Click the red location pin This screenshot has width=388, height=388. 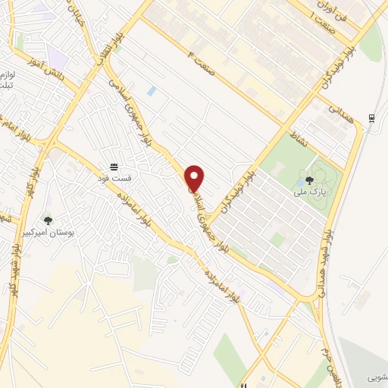click(195, 177)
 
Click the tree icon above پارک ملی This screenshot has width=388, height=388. click(311, 180)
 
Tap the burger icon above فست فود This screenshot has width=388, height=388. click(114, 167)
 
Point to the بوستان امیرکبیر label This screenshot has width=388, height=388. click(48, 232)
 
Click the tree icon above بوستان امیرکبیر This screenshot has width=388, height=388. click(48, 221)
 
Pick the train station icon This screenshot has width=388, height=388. click(371, 118)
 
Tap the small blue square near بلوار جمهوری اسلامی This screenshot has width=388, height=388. click(152, 91)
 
